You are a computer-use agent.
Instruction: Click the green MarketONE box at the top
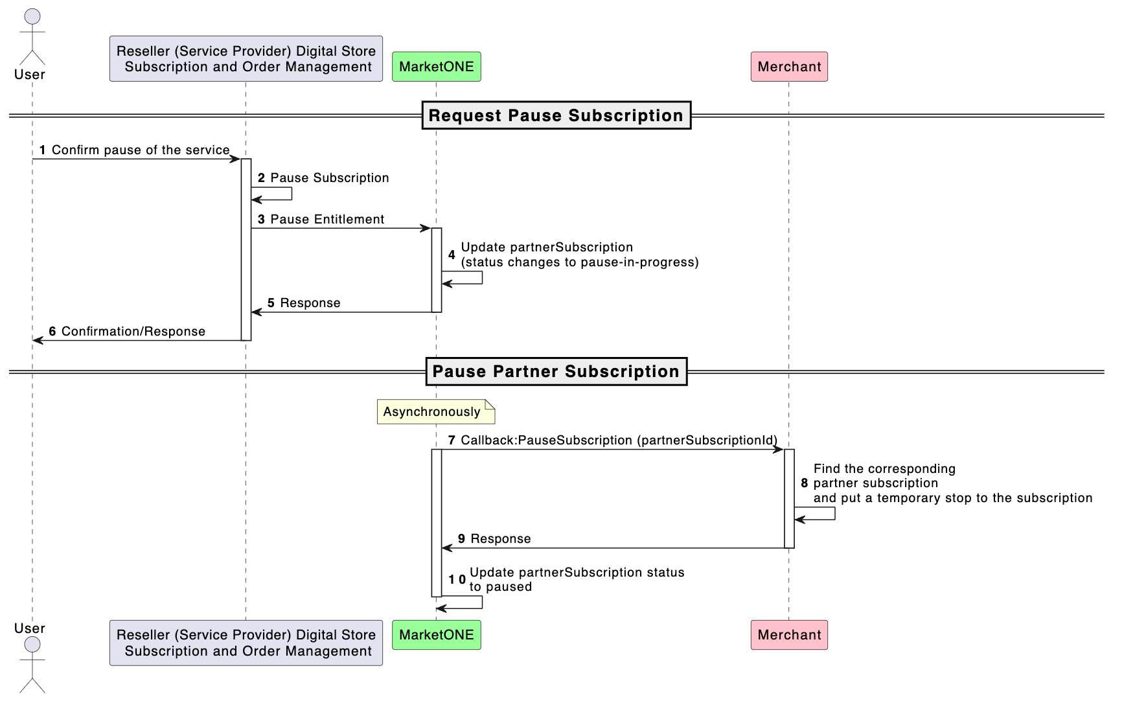[436, 67]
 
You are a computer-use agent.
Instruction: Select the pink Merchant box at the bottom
[789, 635]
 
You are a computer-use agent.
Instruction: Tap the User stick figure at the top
[32, 38]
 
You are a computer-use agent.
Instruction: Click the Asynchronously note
[436, 412]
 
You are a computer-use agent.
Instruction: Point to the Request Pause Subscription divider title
[556, 115]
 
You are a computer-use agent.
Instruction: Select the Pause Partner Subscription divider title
[556, 371]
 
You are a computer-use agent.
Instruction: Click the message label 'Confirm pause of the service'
[141, 150]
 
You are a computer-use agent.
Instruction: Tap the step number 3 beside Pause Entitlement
[261, 220]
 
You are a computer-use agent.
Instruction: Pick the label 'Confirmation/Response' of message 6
[133, 332]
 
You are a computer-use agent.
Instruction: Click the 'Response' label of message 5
[310, 303]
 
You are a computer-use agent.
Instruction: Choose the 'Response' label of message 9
[501, 539]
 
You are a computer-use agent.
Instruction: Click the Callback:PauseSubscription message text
[619, 441]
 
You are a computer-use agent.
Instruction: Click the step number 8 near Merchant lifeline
[805, 483]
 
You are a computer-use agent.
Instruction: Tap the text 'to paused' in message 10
[501, 587]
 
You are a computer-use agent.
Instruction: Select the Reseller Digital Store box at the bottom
[246, 643]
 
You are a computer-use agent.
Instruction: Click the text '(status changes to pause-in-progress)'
[580, 262]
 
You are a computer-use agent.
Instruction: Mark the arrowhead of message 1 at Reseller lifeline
[236, 159]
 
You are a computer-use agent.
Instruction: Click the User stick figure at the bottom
[32, 664]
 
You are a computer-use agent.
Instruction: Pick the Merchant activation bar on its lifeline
[789, 499]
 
